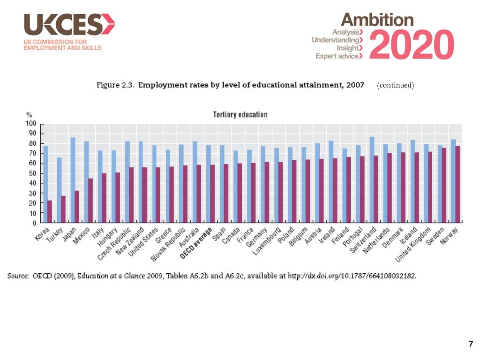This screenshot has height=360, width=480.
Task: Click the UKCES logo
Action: tap(69, 25)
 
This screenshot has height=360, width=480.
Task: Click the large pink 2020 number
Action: tap(415, 45)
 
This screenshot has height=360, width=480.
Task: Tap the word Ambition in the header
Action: tap(377, 20)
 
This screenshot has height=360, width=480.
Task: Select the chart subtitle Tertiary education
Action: tap(240, 115)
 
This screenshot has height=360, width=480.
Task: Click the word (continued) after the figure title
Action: tap(395, 85)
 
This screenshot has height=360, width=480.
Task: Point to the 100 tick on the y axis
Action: tap(30, 124)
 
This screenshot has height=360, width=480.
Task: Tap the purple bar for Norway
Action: tap(457, 184)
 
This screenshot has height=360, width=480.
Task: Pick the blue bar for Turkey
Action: tap(59, 190)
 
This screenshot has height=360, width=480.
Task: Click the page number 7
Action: tap(471, 345)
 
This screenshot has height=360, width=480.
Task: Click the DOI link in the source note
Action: tap(352, 276)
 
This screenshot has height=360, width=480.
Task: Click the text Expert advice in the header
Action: tap(337, 56)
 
